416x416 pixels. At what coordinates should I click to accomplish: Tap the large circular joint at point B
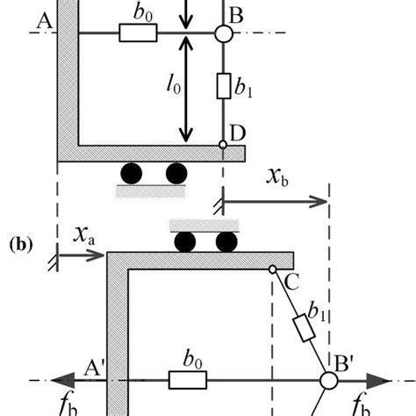tap(223, 33)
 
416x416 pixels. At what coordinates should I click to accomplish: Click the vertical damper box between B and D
tap(223, 87)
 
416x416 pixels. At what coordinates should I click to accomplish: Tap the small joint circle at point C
tap(274, 269)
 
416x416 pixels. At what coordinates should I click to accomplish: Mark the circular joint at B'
tap(328, 381)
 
